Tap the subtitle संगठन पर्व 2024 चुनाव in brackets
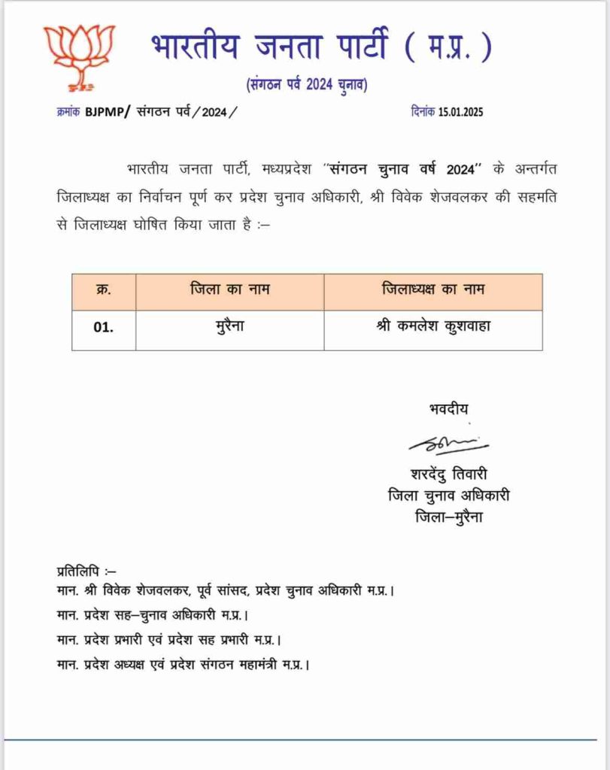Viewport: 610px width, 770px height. point(307,85)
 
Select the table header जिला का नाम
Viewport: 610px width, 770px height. point(229,290)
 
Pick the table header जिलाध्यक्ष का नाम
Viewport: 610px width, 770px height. point(432,290)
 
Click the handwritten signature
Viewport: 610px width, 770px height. point(448,444)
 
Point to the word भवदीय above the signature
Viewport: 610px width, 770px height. point(448,409)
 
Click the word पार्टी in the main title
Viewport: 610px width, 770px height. point(353,47)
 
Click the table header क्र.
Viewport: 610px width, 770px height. point(104,290)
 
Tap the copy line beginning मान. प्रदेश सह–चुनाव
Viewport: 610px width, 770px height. point(153,615)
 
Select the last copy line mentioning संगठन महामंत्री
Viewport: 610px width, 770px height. point(184,665)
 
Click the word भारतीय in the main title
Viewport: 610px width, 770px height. point(194,47)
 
